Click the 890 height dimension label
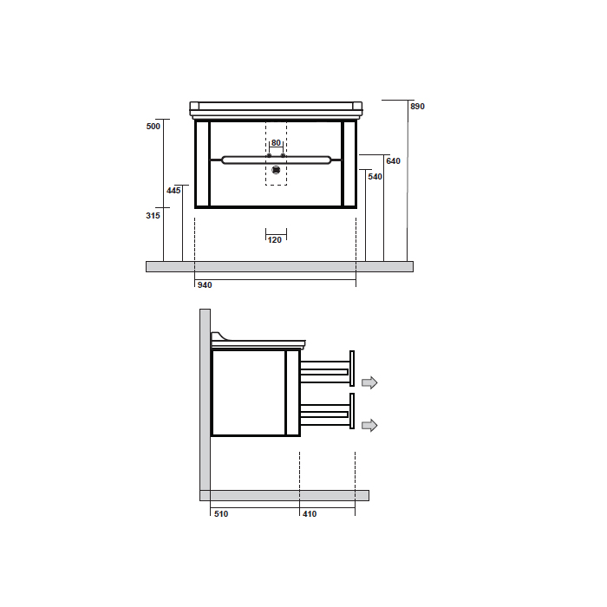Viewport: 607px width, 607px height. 417,107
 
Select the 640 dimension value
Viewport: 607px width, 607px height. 393,161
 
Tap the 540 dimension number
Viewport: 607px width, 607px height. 375,177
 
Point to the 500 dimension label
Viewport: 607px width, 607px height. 153,127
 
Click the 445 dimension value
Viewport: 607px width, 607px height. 173,191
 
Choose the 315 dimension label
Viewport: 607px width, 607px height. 153,216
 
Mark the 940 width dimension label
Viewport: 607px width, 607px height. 205,285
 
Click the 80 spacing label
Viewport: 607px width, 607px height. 276,143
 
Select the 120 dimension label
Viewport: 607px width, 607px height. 275,240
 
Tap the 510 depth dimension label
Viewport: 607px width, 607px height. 221,513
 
